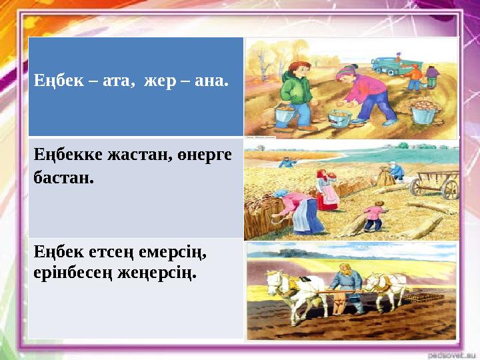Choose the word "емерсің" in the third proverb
(x=175, y=253)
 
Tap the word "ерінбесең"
(x=71, y=273)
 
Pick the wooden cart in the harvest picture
(x=436, y=183)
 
